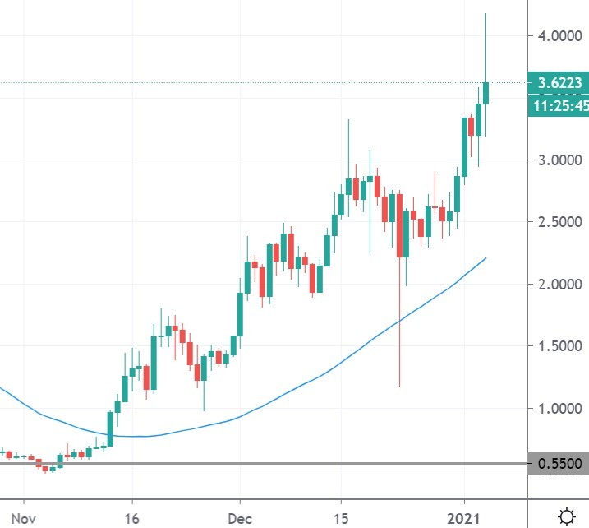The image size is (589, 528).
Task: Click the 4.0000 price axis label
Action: point(554,36)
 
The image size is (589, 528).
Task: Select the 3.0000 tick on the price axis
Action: point(554,160)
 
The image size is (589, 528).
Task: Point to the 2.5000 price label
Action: point(554,222)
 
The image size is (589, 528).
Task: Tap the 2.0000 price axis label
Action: point(554,285)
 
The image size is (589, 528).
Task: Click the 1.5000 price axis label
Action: point(554,346)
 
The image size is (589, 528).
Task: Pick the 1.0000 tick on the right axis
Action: point(554,409)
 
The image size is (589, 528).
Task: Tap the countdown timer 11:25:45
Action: point(558,106)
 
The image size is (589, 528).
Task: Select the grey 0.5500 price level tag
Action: point(558,465)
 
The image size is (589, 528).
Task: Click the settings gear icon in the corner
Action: point(566,516)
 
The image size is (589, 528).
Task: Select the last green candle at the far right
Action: point(486,93)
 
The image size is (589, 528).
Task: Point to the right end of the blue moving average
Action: point(486,257)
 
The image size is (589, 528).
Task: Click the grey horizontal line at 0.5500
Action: point(246,464)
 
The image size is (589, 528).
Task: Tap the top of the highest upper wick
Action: point(486,14)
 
